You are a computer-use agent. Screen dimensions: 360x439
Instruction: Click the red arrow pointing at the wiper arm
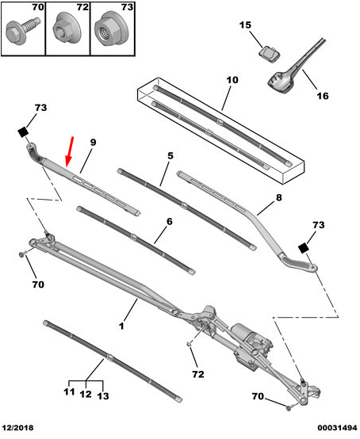69,152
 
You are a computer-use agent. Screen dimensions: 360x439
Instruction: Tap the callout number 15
245,25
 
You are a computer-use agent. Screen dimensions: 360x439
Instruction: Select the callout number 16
323,96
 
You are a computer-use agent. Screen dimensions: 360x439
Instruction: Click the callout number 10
232,80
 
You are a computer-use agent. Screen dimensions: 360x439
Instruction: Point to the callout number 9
93,142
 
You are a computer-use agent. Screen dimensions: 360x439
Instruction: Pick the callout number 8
279,197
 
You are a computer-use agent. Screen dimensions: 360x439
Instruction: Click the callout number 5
170,155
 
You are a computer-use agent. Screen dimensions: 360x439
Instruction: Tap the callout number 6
170,222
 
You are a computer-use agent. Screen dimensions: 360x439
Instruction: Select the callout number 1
121,326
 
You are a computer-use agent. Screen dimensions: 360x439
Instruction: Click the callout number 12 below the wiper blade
86,394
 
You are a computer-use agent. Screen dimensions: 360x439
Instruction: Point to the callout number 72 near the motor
198,374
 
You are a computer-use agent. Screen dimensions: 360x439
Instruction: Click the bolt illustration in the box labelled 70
22,30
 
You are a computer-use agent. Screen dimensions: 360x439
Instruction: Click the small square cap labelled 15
269,53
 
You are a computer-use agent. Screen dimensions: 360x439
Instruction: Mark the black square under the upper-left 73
24,132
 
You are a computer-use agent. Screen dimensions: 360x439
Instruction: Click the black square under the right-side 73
304,248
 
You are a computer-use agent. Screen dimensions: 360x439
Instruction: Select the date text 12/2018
17,428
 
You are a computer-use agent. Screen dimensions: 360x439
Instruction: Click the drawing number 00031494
337,428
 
